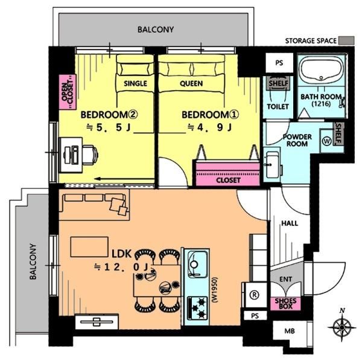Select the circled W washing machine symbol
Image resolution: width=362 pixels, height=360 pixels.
click(327, 141)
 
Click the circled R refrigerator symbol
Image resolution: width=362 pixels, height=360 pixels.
click(255, 295)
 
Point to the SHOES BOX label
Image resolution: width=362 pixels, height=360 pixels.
click(285, 304)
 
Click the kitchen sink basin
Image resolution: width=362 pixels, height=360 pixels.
click(197, 263)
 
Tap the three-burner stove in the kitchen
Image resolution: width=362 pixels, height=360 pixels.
click(197, 308)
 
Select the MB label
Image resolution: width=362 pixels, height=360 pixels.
click(290, 331)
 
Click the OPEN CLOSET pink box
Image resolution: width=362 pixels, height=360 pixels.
click(68, 92)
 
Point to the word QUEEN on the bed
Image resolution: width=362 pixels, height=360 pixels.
click(191, 83)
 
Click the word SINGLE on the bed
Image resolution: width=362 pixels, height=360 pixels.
click(135, 83)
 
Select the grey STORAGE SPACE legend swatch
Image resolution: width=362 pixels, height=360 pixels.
click(346, 40)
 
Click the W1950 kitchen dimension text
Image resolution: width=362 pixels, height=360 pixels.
click(214, 290)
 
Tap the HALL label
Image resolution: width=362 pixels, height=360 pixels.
click(290, 223)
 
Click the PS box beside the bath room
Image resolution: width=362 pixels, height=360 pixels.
click(279, 63)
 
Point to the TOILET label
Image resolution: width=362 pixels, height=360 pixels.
click(278, 106)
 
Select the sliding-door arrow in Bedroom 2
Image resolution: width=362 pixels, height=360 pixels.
click(124, 179)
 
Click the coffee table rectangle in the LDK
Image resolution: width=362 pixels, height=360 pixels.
click(89, 247)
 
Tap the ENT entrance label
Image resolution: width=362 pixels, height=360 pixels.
click(285, 279)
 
